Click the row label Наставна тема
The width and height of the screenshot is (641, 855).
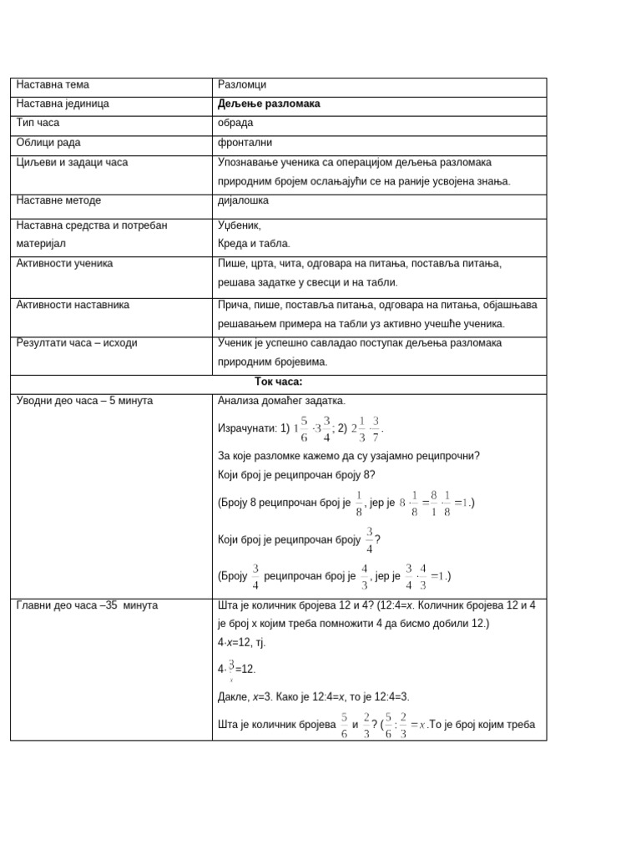tap(53, 85)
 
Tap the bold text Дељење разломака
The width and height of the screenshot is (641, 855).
tap(269, 104)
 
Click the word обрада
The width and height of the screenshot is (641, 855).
tap(235, 124)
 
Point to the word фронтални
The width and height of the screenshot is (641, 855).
tap(245, 143)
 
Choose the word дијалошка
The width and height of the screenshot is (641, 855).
tap(244, 200)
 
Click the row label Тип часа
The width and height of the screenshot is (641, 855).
tap(38, 124)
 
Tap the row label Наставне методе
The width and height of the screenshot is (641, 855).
tap(58, 200)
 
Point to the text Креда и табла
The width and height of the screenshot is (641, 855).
tap(254, 244)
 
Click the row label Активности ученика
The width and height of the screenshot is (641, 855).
tap(64, 264)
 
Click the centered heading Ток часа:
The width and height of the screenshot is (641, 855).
tap(279, 382)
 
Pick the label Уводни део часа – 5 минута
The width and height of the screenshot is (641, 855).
tap(84, 401)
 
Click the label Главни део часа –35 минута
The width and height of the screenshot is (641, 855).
tap(87, 605)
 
